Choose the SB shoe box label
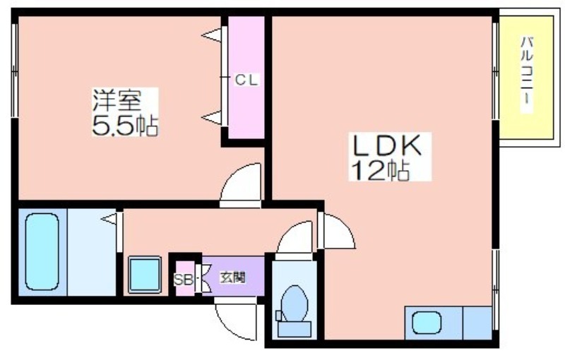pyautogui.click(x=182, y=279)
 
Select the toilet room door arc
pyautogui.click(x=294, y=236)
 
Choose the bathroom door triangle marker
pyautogui.click(x=109, y=220)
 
